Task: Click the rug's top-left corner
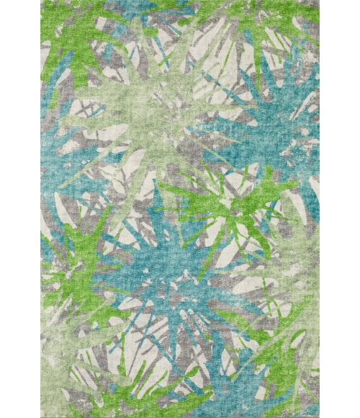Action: point(42,1)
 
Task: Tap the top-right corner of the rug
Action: point(319,1)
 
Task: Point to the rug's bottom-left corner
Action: point(42,417)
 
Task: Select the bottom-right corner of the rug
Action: point(319,417)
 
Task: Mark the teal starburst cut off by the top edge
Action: point(155,14)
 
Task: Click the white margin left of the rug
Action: point(20,209)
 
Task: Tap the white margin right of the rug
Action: point(339,209)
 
